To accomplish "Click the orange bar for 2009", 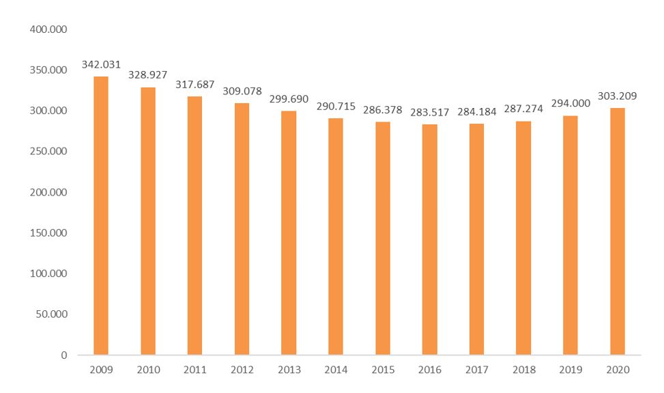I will coord(101,215).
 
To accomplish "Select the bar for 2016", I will coord(429,239).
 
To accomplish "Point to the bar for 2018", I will coord(523,238).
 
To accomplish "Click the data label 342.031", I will coord(101,65).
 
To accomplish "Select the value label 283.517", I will coord(429,113).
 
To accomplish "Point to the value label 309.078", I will coord(242,92).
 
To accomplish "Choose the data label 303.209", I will coord(617,96).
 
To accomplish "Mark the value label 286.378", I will coord(383,110).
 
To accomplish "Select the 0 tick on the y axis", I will coord(63,355).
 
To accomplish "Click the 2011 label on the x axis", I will coord(195,370).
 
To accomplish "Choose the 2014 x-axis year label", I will coord(336,370).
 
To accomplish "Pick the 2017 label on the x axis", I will coord(476,370).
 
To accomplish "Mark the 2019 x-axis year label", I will coord(570,370).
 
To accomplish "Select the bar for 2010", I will coord(148,221).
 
